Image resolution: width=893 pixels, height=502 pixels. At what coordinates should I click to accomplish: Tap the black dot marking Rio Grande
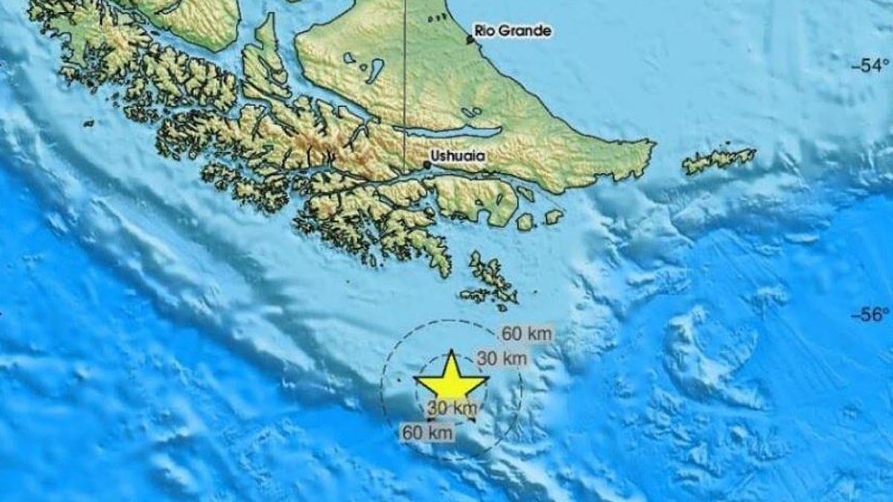coord(470,39)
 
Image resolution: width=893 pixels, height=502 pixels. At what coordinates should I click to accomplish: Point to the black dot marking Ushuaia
coord(427,165)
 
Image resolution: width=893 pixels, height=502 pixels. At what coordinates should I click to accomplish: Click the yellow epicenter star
coord(451,379)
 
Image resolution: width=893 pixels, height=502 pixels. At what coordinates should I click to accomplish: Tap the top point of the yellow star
coord(451,351)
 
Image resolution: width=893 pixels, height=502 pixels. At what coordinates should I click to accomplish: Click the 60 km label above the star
coord(527,334)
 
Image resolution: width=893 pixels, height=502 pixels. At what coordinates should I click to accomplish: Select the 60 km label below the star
coord(428,431)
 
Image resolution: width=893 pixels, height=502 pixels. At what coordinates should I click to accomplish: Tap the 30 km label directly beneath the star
coord(452,408)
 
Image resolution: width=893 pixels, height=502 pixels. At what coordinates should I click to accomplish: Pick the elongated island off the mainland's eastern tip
coord(719,158)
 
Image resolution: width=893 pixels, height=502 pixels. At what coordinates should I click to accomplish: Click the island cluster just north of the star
coord(491,278)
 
